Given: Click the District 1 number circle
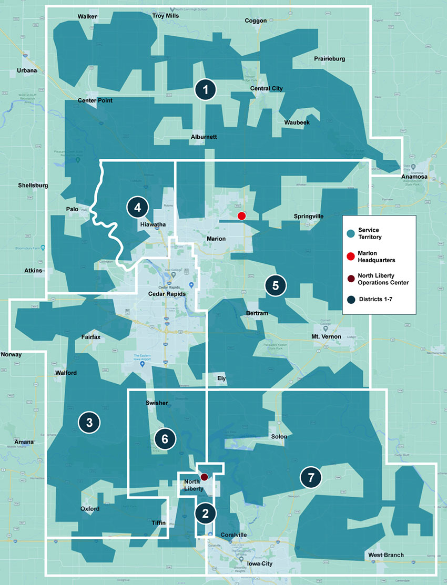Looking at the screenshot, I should coord(206,90).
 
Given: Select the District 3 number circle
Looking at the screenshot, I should coord(89,422).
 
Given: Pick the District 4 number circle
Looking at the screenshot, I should coord(137,208).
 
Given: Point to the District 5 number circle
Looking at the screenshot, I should coord(276,286).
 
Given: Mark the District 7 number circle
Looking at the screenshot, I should coord(310,478).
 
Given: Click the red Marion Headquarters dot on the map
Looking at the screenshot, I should coord(242,216).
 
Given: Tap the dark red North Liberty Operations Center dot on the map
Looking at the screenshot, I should coord(205,477).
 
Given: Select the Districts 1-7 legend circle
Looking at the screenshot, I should coord(351,300).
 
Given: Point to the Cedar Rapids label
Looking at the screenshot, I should coord(167,294).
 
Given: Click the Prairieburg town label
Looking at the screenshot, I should coord(329,59).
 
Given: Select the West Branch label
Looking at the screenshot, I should coord(386,555).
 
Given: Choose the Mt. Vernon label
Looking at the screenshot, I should coord(326,336).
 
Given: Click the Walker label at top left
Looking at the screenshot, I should coord(88,16).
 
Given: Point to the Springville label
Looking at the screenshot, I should coord(309,216).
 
